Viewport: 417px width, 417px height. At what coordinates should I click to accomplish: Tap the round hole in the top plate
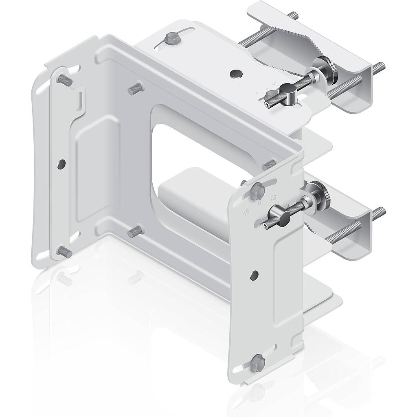235,74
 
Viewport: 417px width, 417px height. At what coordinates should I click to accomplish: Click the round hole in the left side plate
61,164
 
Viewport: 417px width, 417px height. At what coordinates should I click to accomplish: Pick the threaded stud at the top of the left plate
65,80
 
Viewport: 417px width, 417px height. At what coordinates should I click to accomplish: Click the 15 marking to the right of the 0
273,197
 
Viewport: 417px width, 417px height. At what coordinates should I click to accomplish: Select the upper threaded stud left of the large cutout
136,88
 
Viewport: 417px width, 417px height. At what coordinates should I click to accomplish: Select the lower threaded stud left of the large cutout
136,232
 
